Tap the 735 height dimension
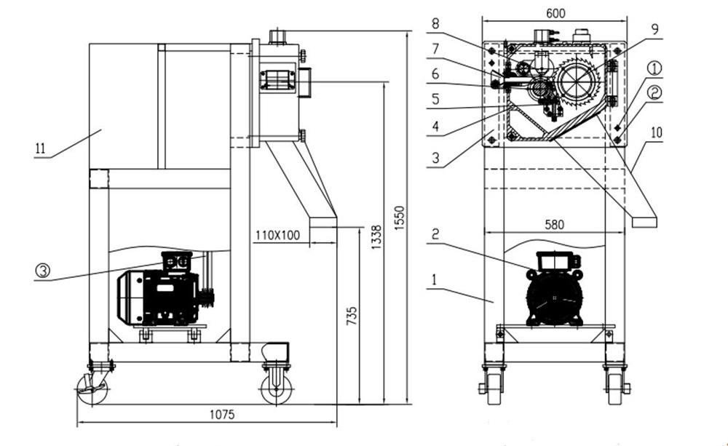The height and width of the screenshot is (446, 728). pyautogui.click(x=352, y=314)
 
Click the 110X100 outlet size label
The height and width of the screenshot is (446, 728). pyautogui.click(x=278, y=235)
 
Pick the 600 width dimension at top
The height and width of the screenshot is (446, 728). pyautogui.click(x=555, y=12)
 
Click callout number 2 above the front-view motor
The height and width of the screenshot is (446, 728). pyautogui.click(x=435, y=234)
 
